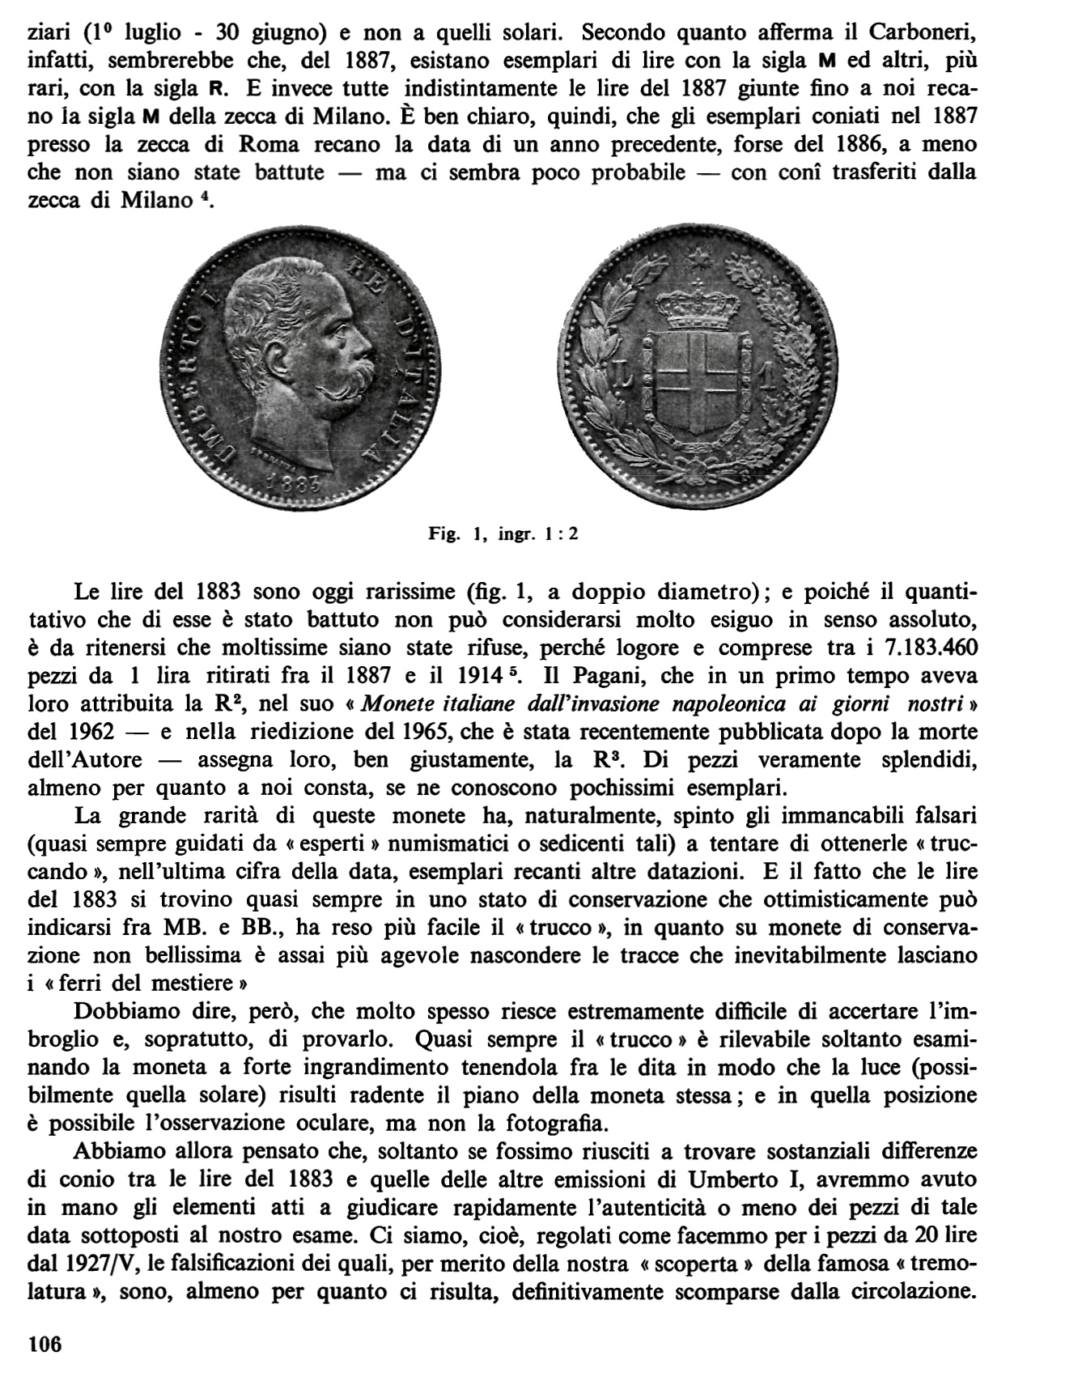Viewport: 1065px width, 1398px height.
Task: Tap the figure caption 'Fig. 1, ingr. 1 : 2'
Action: point(504,534)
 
